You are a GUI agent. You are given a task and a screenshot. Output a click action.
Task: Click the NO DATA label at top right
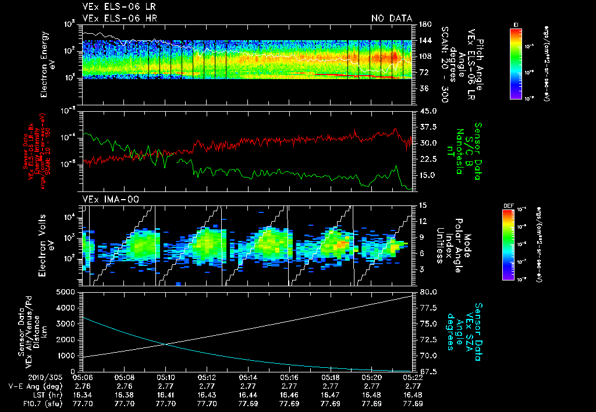point(392,19)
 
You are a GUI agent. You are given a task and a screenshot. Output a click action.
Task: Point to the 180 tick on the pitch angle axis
point(424,24)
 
